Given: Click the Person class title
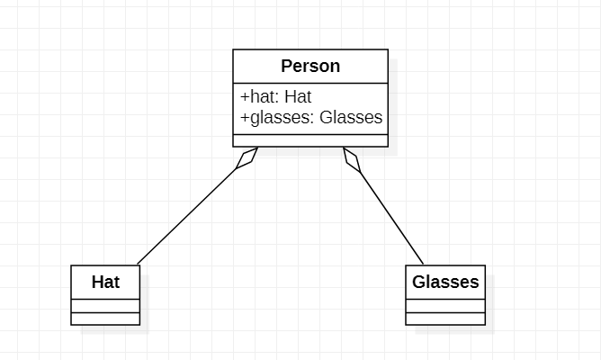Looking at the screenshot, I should pos(310,66).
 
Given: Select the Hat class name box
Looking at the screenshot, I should pos(105,282).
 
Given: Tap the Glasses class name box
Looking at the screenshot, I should pos(445,282).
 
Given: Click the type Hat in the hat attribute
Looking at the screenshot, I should pos(298,97).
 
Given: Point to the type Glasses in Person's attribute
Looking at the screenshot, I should pos(351,117).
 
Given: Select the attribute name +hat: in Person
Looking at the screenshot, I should pos(260,97).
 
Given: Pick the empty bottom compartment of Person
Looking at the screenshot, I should pos(310,139).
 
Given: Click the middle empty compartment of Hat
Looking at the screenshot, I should pos(105,306).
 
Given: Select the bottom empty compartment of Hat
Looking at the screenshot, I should pos(105,319).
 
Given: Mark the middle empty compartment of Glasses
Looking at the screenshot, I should pos(445,306).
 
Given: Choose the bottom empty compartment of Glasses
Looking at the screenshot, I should pos(445,319).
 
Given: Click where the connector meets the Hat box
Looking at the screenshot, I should pos(138,265).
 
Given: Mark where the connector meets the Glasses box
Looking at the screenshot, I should pos(424,265).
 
